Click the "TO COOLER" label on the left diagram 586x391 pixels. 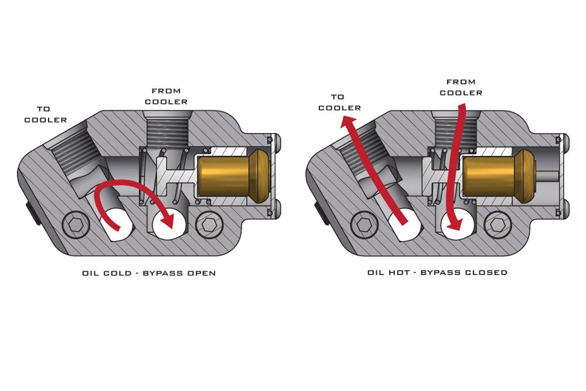click(x=46, y=114)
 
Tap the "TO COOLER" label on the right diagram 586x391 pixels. click(x=339, y=102)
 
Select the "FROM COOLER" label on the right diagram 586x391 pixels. click(x=461, y=87)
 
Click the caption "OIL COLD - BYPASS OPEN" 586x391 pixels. click(x=149, y=273)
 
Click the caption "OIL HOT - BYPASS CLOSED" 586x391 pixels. click(x=437, y=272)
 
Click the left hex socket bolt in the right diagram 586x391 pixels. click(x=364, y=225)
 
